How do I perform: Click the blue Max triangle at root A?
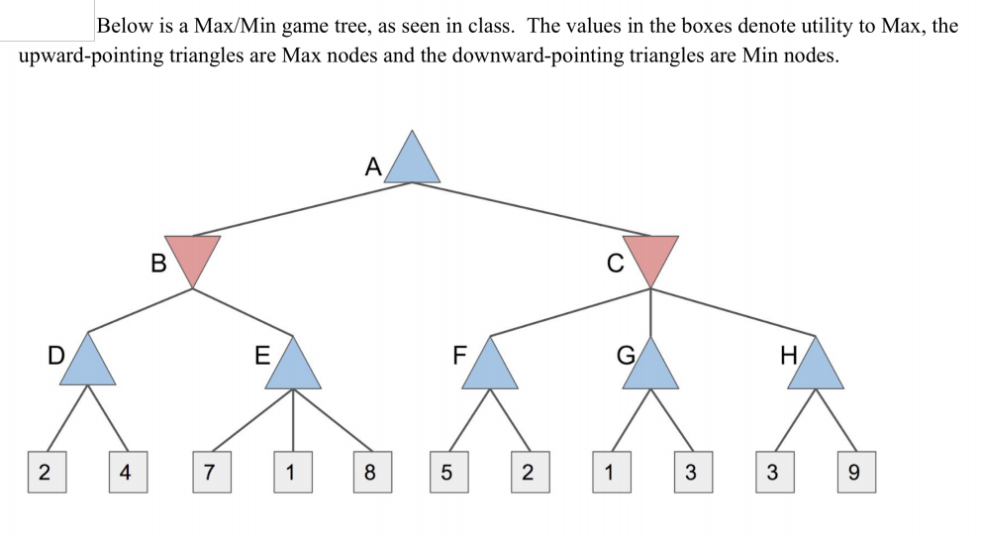tap(412, 161)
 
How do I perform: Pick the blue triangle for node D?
tap(89, 363)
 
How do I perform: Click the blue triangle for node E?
tap(292, 367)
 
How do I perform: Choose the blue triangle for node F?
tap(489, 367)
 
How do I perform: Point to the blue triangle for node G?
tap(650, 367)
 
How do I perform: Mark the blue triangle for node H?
tap(816, 367)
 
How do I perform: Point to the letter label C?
tap(615, 264)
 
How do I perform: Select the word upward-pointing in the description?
tap(81, 54)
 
